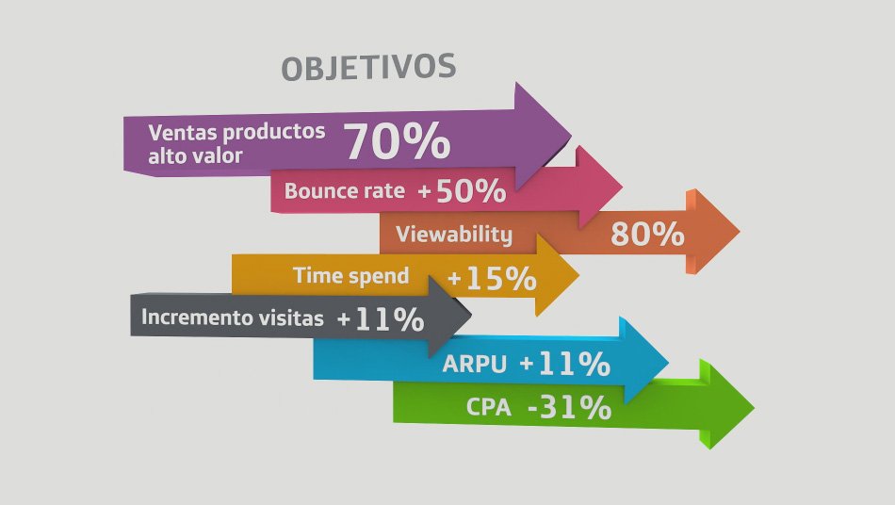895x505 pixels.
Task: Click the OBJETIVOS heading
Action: click(x=368, y=67)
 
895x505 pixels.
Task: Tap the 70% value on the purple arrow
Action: click(x=397, y=141)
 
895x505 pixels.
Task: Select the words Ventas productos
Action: click(x=236, y=133)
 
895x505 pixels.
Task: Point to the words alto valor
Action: click(x=195, y=155)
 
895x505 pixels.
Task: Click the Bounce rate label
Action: click(x=344, y=190)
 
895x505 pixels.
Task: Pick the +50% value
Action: click(x=462, y=191)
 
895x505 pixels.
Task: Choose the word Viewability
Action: click(x=454, y=235)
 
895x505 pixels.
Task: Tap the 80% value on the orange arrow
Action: click(x=647, y=234)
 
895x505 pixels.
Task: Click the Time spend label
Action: click(x=351, y=276)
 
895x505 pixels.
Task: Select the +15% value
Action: click(x=492, y=279)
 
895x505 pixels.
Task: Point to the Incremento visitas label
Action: click(x=233, y=318)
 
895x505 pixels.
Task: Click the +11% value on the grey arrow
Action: click(x=381, y=319)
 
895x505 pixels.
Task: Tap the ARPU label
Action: click(x=474, y=364)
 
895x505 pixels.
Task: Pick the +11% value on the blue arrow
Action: click(x=565, y=364)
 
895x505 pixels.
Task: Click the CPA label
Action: click(x=489, y=407)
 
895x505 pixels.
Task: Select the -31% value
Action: click(x=570, y=407)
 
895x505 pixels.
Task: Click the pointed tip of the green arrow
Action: click(x=754, y=408)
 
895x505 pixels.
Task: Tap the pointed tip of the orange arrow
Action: click(x=740, y=232)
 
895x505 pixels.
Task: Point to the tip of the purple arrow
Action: click(x=571, y=136)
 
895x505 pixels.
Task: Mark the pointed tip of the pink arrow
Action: click(x=622, y=186)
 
